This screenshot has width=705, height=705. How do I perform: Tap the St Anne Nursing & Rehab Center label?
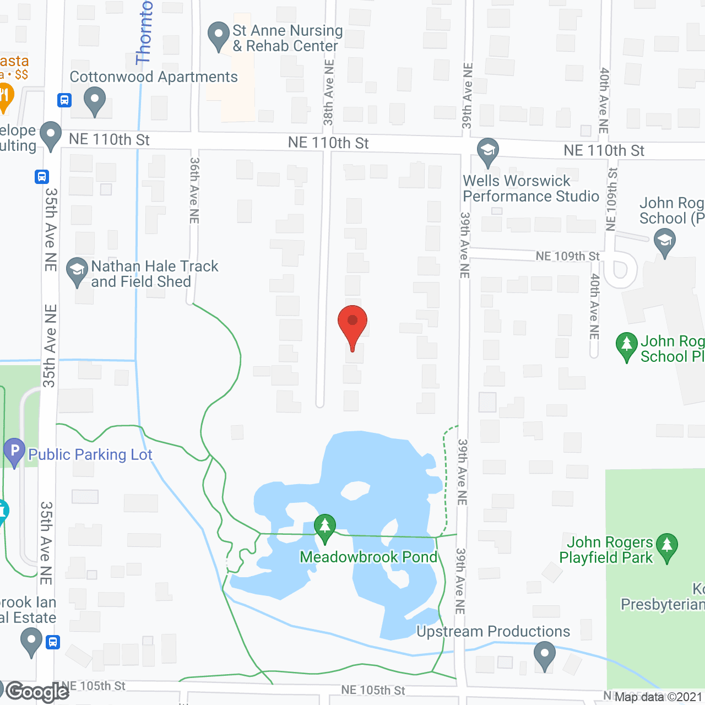coord(287,38)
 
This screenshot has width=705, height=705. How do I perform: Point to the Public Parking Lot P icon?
coord(14,451)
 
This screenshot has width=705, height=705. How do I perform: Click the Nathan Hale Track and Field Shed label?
coord(155,274)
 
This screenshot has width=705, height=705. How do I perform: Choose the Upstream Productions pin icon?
coord(545,656)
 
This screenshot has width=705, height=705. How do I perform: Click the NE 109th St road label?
coord(567,256)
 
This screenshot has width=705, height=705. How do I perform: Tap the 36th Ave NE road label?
coord(194,191)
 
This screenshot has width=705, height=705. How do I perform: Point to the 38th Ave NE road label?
coord(329,93)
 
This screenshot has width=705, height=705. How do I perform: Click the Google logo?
coord(37,692)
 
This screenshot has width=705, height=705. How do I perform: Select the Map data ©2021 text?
coord(658,697)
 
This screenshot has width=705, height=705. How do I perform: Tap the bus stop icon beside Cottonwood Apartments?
coord(64,100)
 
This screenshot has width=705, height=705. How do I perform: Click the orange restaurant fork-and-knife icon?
coord(4,96)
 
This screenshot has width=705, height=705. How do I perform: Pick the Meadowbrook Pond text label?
coord(368,557)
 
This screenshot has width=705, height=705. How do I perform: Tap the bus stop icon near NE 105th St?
coord(53,642)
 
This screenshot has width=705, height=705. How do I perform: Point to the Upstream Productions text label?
coord(493,631)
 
